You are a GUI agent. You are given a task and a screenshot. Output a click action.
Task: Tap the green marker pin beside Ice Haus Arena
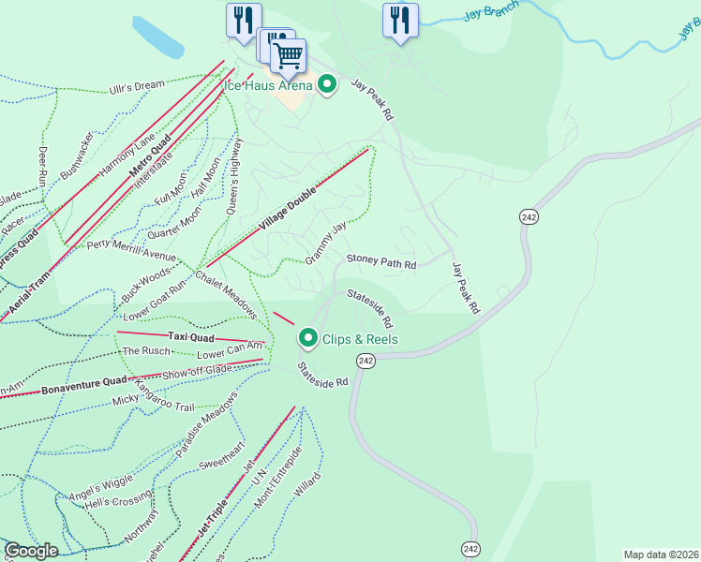[x=327, y=85]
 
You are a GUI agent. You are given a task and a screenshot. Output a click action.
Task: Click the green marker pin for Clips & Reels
[x=307, y=338]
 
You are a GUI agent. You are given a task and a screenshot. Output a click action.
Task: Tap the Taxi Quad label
[x=192, y=336]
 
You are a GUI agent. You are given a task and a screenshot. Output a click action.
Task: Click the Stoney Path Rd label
[x=381, y=263]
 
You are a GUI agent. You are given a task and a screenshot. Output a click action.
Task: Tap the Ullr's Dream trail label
[x=136, y=86]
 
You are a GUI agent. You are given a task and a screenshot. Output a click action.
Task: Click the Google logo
[x=32, y=551]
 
